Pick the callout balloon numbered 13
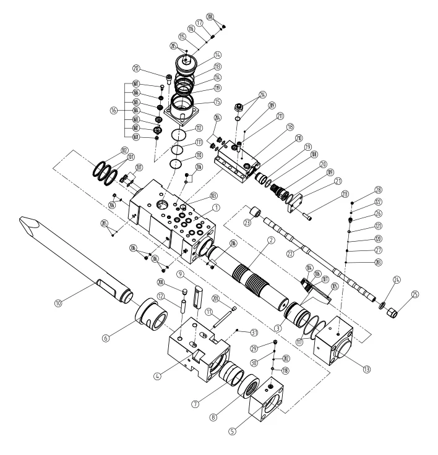pos(367,369)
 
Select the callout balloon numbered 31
pos(238,331)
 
